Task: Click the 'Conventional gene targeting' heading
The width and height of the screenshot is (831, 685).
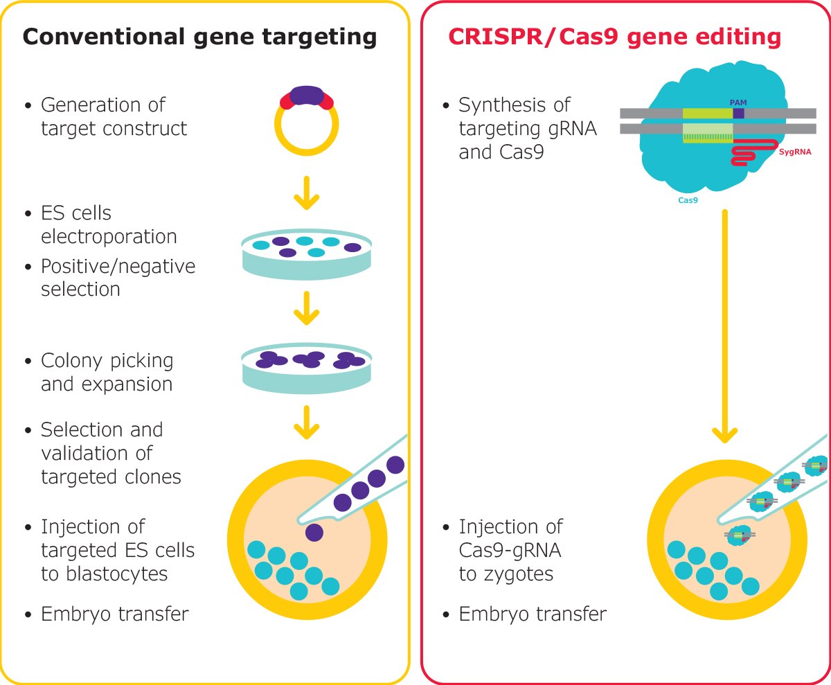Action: pos(200,37)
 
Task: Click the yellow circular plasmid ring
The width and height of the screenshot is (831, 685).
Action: pos(306,143)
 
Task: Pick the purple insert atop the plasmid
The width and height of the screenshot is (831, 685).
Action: pos(307,96)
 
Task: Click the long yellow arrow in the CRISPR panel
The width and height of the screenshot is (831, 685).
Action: pos(724,326)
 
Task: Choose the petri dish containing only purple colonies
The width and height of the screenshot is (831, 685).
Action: pos(306,367)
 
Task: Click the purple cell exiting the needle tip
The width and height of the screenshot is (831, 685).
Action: pos(314,532)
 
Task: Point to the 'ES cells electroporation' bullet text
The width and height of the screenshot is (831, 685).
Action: pos(109,224)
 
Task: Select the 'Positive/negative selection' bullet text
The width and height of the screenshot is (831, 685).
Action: pos(118,277)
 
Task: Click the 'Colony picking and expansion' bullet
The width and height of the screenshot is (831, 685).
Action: pos(107,372)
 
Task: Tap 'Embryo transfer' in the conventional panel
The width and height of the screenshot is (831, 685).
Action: pos(114,614)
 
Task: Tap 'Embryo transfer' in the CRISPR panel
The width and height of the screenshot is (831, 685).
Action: pos(533,614)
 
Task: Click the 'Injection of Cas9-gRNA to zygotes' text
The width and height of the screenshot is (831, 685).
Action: pos(511,550)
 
